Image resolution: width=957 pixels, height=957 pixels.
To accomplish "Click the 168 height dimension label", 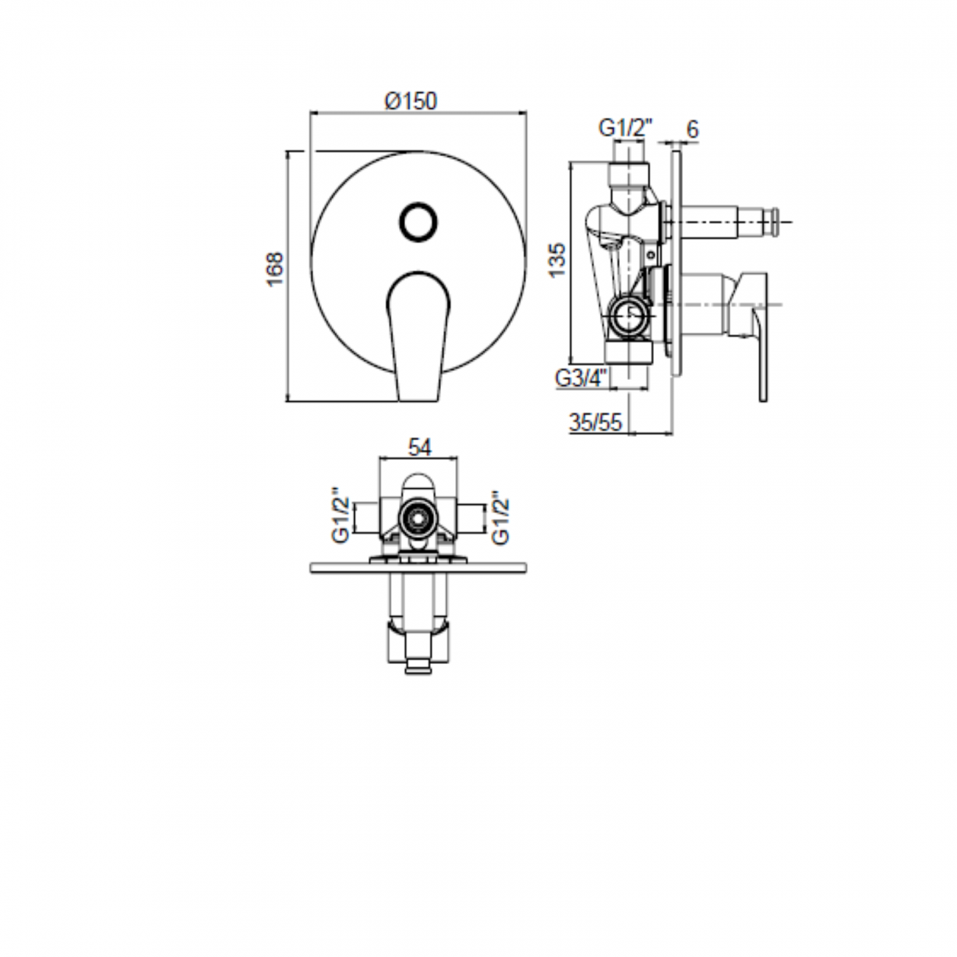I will pyautogui.click(x=275, y=269).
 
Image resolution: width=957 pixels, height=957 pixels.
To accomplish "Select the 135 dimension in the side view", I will pyautogui.click(x=557, y=259).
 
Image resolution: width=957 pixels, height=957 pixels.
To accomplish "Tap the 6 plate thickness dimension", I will pyautogui.click(x=692, y=129).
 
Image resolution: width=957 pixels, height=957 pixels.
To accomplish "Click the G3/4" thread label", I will pyautogui.click(x=582, y=378).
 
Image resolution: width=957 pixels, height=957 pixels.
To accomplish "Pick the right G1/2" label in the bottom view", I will pyautogui.click(x=501, y=518).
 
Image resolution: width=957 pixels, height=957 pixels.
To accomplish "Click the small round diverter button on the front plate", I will pyautogui.click(x=418, y=221).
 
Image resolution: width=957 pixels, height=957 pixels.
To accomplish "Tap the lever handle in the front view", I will pyautogui.click(x=417, y=331).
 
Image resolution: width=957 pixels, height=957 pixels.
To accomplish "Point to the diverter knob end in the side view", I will pyautogui.click(x=772, y=221).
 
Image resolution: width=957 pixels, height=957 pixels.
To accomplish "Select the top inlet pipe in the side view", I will pyautogui.click(x=629, y=158).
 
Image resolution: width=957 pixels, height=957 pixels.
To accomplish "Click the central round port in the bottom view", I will pyautogui.click(x=417, y=519).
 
